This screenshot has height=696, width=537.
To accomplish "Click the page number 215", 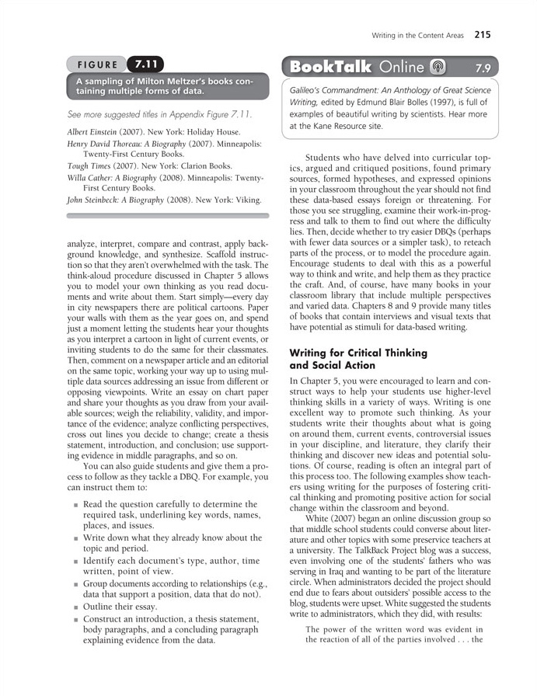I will point(482,34).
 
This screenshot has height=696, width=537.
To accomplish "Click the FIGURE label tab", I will point(96,65).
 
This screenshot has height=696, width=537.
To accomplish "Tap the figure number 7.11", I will point(146,65).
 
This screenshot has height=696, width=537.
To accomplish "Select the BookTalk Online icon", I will point(438,67).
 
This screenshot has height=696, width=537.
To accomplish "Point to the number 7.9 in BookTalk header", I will point(483,68).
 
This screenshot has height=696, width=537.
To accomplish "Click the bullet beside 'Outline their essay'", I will point(75,606).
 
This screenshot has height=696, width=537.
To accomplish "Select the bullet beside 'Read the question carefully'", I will point(75,505).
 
